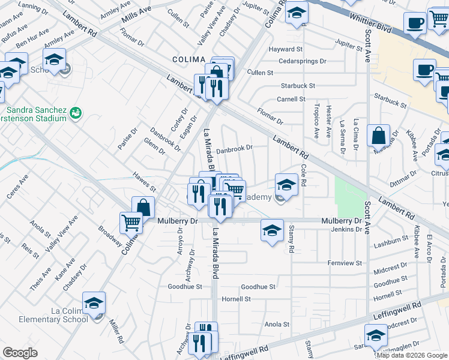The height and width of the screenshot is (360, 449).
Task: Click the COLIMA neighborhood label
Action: [x=189, y=59]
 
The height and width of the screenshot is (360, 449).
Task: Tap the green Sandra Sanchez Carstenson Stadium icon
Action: [x=76, y=112]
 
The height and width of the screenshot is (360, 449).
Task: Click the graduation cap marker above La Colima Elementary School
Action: [x=94, y=304]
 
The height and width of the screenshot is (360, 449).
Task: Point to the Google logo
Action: [x=20, y=353]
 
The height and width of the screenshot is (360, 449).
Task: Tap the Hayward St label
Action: [x=286, y=49]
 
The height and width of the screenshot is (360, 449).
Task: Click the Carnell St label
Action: [x=291, y=99]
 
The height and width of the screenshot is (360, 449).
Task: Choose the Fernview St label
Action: [x=345, y=263]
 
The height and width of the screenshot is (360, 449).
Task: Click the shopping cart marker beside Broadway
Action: [x=131, y=223]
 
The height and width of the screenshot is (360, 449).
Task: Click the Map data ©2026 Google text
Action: [x=412, y=355]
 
